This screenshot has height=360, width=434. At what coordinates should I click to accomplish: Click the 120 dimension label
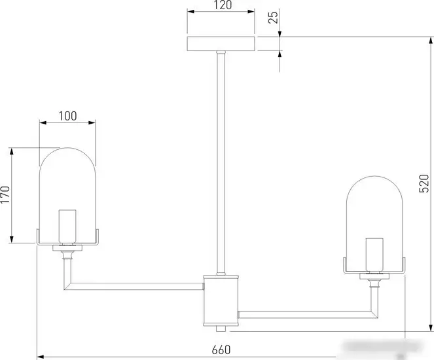click(x=223, y=5)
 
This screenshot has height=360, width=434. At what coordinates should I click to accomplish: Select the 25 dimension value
click(x=274, y=18)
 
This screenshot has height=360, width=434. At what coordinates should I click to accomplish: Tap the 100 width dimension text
click(x=67, y=117)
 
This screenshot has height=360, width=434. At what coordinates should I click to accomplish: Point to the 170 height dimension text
click(x=5, y=194)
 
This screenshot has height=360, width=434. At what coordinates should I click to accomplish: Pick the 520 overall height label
click(x=424, y=183)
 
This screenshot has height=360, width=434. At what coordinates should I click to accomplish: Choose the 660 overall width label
click(x=221, y=350)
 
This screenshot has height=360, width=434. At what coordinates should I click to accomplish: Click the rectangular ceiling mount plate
click(x=221, y=44)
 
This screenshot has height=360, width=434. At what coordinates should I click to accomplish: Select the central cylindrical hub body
click(x=221, y=300)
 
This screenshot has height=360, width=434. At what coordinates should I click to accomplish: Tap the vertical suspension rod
click(x=221, y=163)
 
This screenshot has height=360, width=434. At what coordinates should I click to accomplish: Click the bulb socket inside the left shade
click(x=67, y=227)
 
